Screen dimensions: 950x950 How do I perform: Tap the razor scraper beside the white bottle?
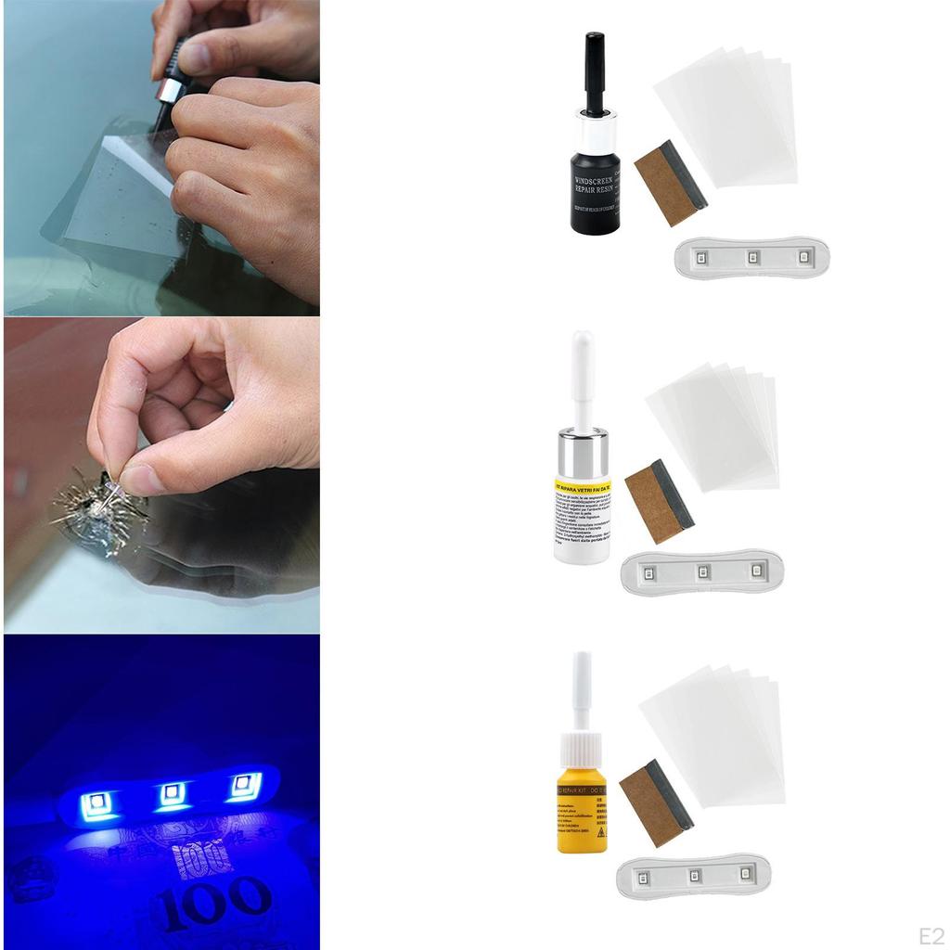pyautogui.click(x=659, y=501)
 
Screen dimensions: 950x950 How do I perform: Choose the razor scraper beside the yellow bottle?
pyautogui.click(x=656, y=802)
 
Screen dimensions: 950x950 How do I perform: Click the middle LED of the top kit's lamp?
pyautogui.click(x=752, y=256)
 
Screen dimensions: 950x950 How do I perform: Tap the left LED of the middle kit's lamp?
pyautogui.click(x=649, y=571)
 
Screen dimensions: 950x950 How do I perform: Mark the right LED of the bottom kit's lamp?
pyautogui.click(x=744, y=874)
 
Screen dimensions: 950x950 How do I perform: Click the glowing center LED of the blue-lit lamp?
pyautogui.click(x=172, y=794)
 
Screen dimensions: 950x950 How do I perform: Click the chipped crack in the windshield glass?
pyautogui.click(x=97, y=515)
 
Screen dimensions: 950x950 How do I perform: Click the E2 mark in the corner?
pyautogui.click(x=931, y=934)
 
